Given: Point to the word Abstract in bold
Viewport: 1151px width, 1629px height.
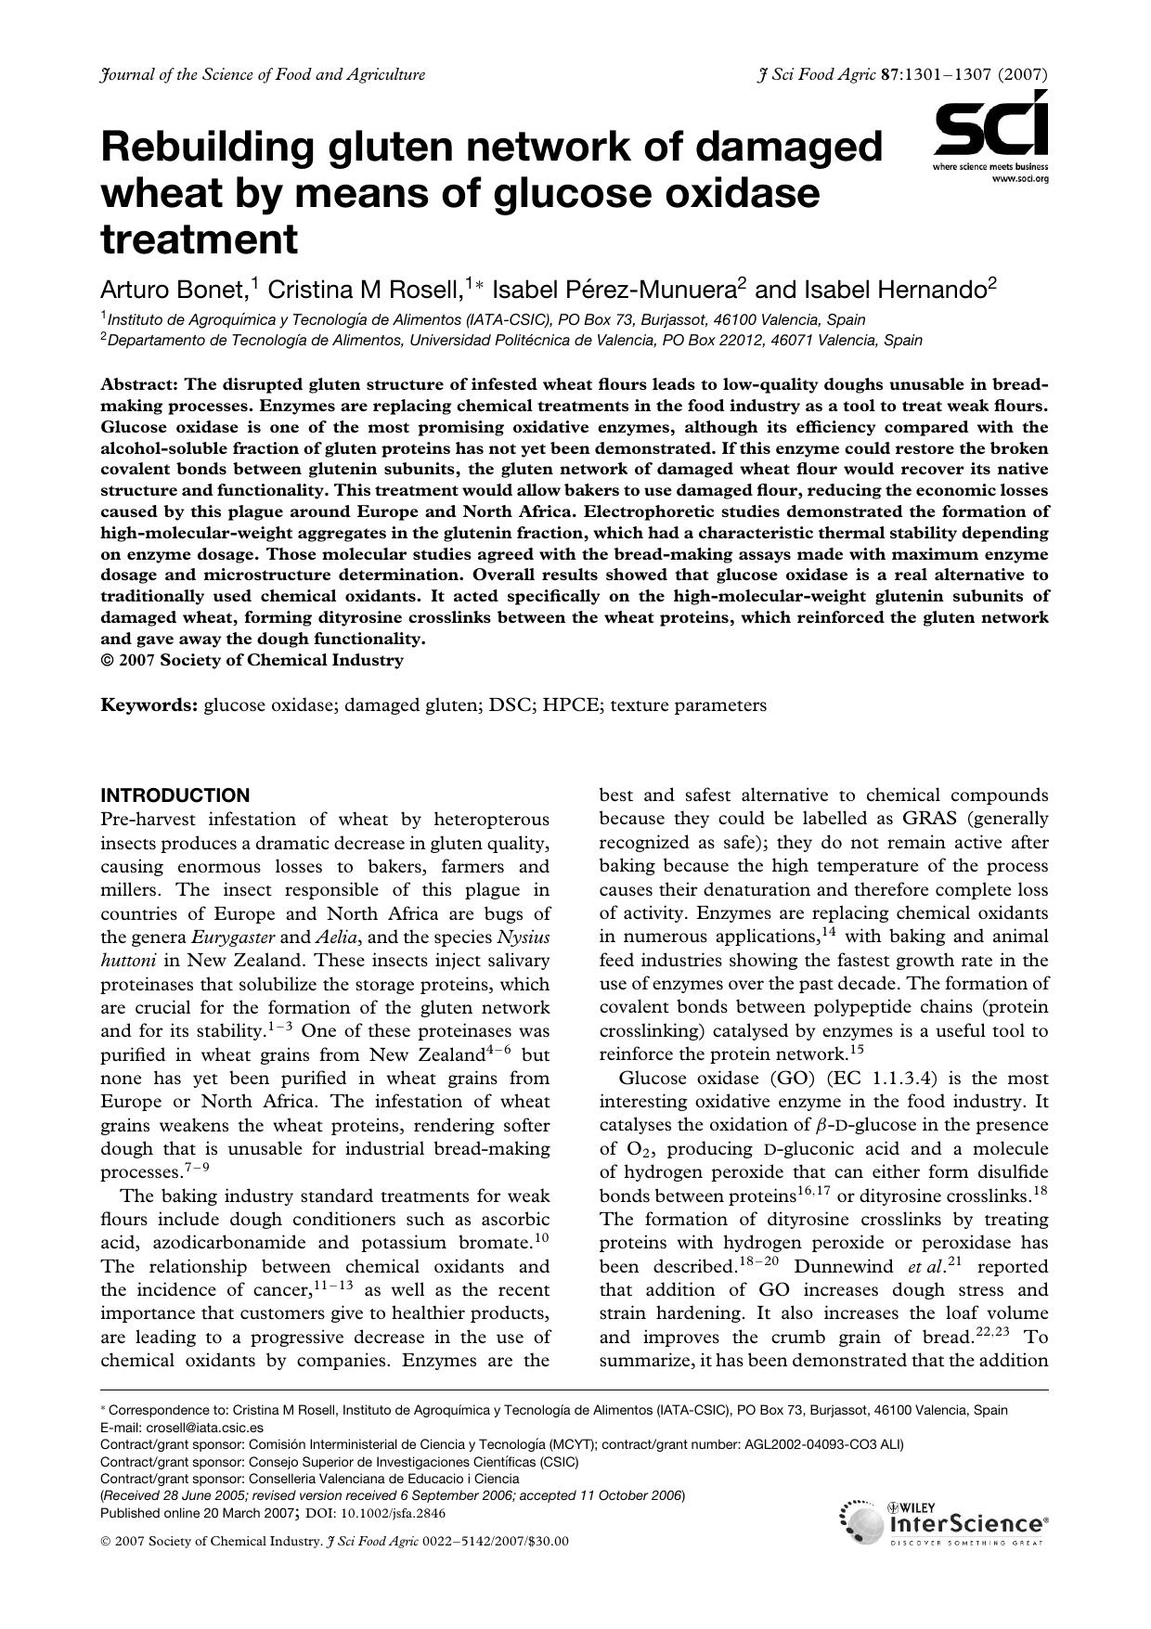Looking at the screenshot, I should [x=140, y=384].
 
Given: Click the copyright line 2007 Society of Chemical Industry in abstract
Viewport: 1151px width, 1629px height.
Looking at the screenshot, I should [x=261, y=660].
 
